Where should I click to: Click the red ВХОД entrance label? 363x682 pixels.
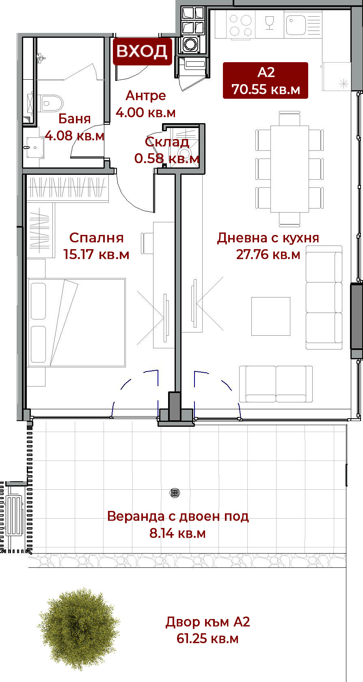143,51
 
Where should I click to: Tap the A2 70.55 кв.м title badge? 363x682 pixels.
265,80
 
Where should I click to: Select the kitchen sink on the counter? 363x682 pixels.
303,22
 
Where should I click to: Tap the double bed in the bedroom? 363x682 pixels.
76,322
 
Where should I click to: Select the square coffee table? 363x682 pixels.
270,316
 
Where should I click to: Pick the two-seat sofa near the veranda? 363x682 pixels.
276,384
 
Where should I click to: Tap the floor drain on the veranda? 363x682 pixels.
175,493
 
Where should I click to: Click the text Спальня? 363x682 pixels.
97,238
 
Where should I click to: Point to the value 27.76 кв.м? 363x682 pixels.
268,254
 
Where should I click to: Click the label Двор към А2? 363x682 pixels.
208,621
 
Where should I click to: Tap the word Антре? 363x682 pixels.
146,96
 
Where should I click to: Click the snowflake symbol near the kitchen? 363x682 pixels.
344,83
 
